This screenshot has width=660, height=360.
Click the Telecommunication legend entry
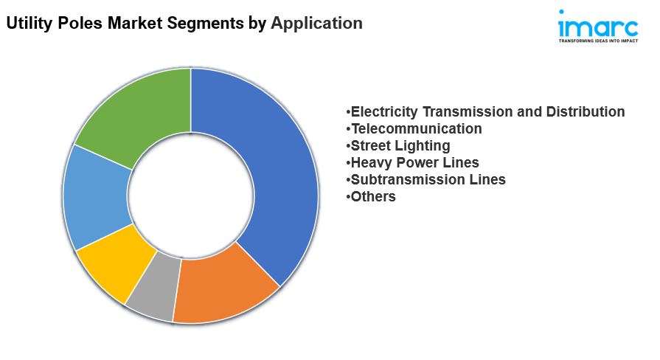[x=414, y=128]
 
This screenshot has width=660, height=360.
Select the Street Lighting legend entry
[x=398, y=145]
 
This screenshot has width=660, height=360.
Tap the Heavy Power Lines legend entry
[x=412, y=162]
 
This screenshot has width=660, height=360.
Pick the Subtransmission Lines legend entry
[x=425, y=179]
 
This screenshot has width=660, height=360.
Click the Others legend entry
[x=371, y=196]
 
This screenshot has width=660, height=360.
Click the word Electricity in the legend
[x=384, y=111]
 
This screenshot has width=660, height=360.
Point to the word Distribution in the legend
[x=586, y=111]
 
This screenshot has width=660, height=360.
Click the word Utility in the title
[x=29, y=23]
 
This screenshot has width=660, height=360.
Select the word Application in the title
[x=316, y=23]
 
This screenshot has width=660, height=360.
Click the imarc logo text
[x=598, y=24]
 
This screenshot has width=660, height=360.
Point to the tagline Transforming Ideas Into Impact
[x=598, y=41]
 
